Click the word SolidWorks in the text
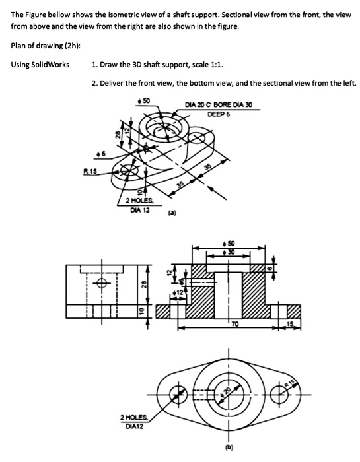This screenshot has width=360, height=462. coord(50,64)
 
